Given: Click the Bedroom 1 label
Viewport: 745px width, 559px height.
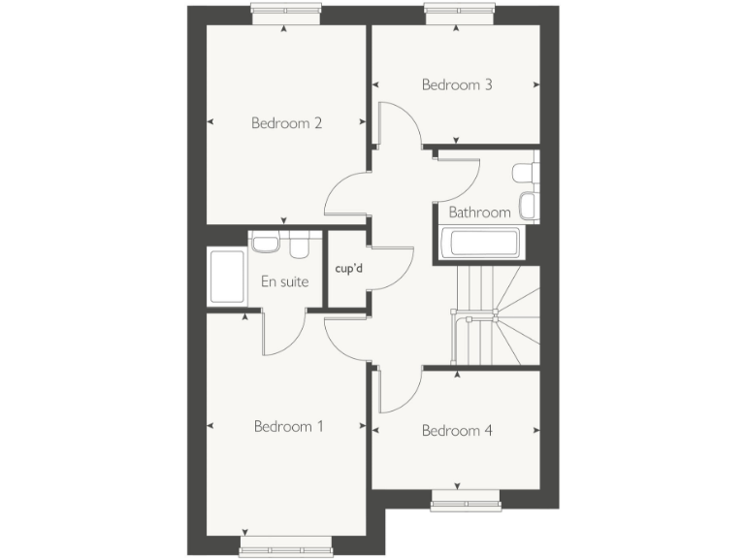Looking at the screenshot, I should (x=288, y=426).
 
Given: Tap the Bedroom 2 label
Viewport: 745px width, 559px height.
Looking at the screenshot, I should (x=286, y=123).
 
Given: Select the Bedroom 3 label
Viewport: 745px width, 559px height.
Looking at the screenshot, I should (x=457, y=84).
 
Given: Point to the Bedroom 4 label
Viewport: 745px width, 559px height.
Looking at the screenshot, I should (x=457, y=430).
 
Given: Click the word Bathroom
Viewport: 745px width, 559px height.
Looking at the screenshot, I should (x=479, y=213).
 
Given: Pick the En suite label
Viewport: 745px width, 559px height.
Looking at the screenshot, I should (x=284, y=282).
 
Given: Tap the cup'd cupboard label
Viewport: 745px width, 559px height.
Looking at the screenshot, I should (x=348, y=269).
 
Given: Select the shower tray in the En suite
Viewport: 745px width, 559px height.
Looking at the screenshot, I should (x=226, y=278).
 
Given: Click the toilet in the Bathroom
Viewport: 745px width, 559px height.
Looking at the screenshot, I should (x=524, y=174).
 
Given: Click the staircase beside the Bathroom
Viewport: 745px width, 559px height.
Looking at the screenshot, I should (x=495, y=315).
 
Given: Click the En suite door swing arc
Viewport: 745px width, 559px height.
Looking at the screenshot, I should (x=284, y=335).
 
